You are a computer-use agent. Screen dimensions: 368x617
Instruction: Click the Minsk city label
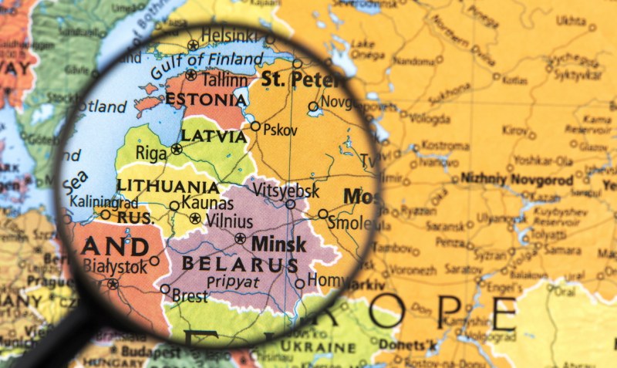click(x=278, y=245)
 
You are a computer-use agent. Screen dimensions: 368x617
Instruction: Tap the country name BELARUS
click(x=240, y=265)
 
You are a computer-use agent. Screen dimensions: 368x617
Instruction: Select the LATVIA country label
click(x=214, y=136)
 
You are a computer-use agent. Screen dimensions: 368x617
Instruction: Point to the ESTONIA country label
click(x=206, y=100)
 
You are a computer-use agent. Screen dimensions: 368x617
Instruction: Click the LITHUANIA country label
click(x=167, y=186)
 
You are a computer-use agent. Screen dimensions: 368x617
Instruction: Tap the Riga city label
click(x=150, y=154)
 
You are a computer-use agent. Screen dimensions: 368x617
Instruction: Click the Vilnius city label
click(x=229, y=221)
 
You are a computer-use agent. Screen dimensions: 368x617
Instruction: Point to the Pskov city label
click(x=280, y=130)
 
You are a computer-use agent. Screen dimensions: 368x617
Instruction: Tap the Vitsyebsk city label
click(x=275, y=188)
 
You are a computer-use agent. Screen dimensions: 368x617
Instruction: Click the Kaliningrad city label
click(x=103, y=201)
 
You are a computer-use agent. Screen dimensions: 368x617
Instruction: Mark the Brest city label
click(x=190, y=295)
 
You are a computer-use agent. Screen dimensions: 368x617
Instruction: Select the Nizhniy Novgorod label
click(x=517, y=180)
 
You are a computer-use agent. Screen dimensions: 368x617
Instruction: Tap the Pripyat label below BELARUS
click(x=232, y=282)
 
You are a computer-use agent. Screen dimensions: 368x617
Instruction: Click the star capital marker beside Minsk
click(x=241, y=238)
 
